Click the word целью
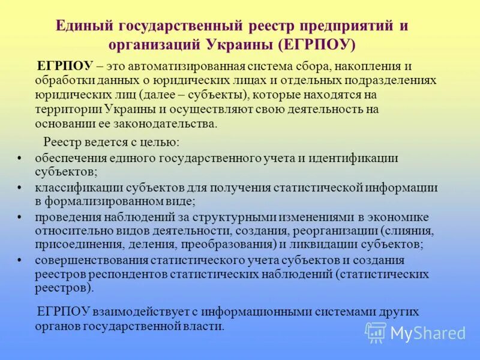(x=158, y=143)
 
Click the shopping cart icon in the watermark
(x=376, y=332)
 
